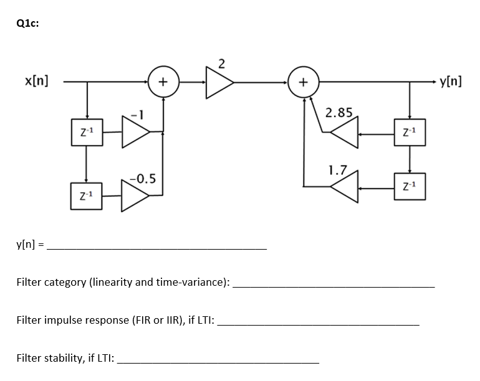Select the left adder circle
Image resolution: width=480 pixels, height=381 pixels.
coord(163,81)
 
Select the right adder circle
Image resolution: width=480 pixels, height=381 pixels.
coord(303,81)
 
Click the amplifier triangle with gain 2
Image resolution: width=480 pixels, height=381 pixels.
coord(219,81)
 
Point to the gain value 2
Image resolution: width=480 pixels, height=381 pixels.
coord(223,62)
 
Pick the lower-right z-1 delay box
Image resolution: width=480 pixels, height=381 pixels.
coord(410,186)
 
